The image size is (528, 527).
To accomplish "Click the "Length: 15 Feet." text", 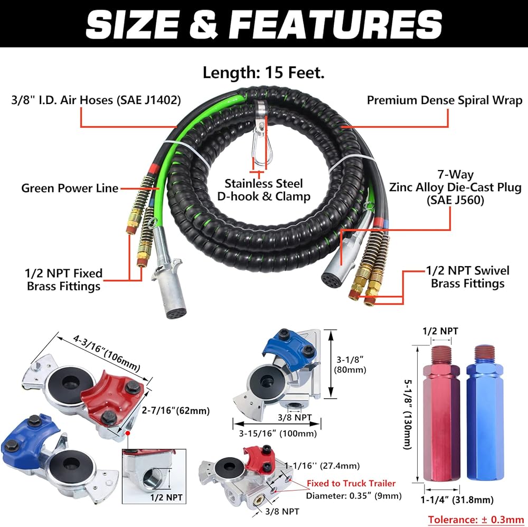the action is coord(263,73).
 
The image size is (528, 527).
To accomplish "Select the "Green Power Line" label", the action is coord(70,188).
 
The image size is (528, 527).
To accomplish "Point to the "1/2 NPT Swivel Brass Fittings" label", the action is coord(467,277).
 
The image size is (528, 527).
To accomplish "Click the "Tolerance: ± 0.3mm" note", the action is coord(476,519).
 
